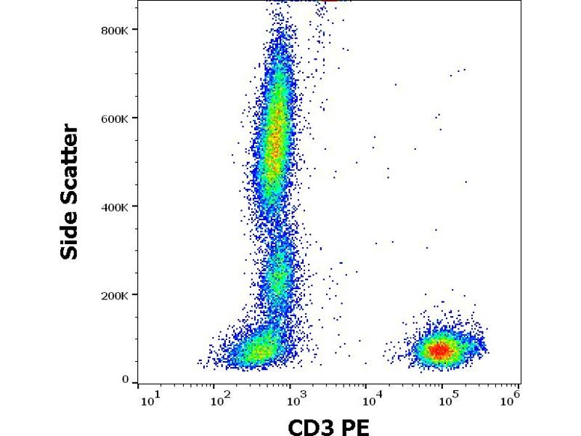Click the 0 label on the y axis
click(x=126, y=379)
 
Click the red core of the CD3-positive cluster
click(x=439, y=350)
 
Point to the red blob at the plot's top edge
click(x=330, y=1)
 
